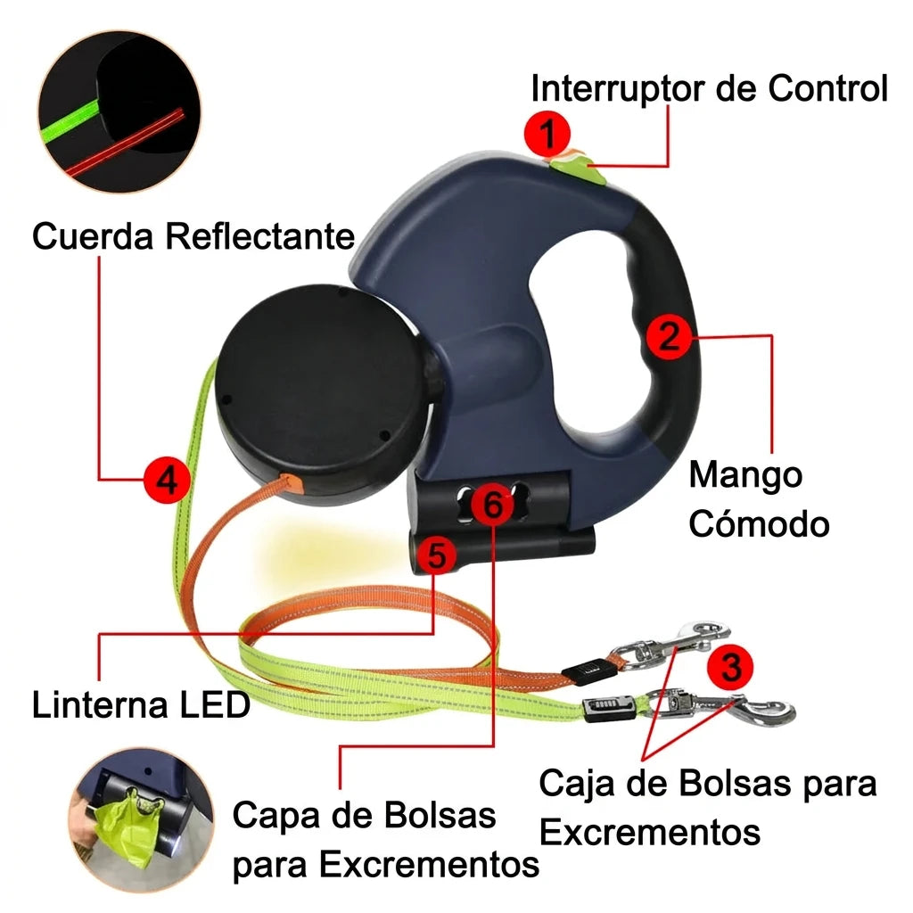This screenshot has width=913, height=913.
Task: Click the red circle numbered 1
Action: click(547, 134)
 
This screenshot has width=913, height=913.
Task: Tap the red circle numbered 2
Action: click(670, 336)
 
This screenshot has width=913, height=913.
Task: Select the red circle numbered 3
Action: click(730, 667)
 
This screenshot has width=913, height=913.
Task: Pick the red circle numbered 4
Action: click(167, 481)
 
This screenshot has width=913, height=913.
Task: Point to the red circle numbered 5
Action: click(437, 554)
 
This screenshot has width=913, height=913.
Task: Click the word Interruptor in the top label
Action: click(618, 90)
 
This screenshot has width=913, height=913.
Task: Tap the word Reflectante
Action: click(259, 236)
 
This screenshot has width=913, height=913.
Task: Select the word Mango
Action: click(745, 476)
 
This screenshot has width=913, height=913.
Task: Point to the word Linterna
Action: click(99, 705)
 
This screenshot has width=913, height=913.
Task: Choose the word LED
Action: click(214, 705)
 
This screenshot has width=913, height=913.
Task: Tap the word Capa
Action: click(276, 815)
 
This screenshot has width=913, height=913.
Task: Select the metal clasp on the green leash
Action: click(722, 707)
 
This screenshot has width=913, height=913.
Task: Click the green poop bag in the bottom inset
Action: click(125, 826)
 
